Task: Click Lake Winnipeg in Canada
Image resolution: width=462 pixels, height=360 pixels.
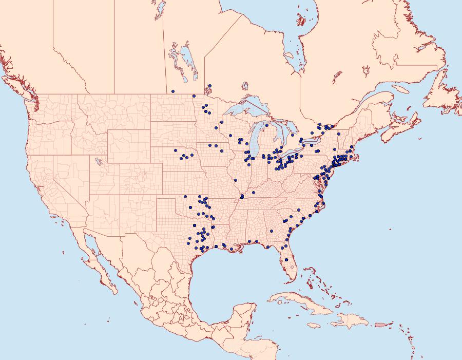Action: tap(188, 61)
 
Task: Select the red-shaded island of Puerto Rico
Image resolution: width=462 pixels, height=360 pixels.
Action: tap(380, 324)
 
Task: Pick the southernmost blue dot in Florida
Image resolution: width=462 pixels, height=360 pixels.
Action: tap(286, 260)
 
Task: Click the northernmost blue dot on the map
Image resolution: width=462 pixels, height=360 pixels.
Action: tap(210, 86)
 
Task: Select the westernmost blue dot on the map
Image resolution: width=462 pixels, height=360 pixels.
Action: tap(173, 91)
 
